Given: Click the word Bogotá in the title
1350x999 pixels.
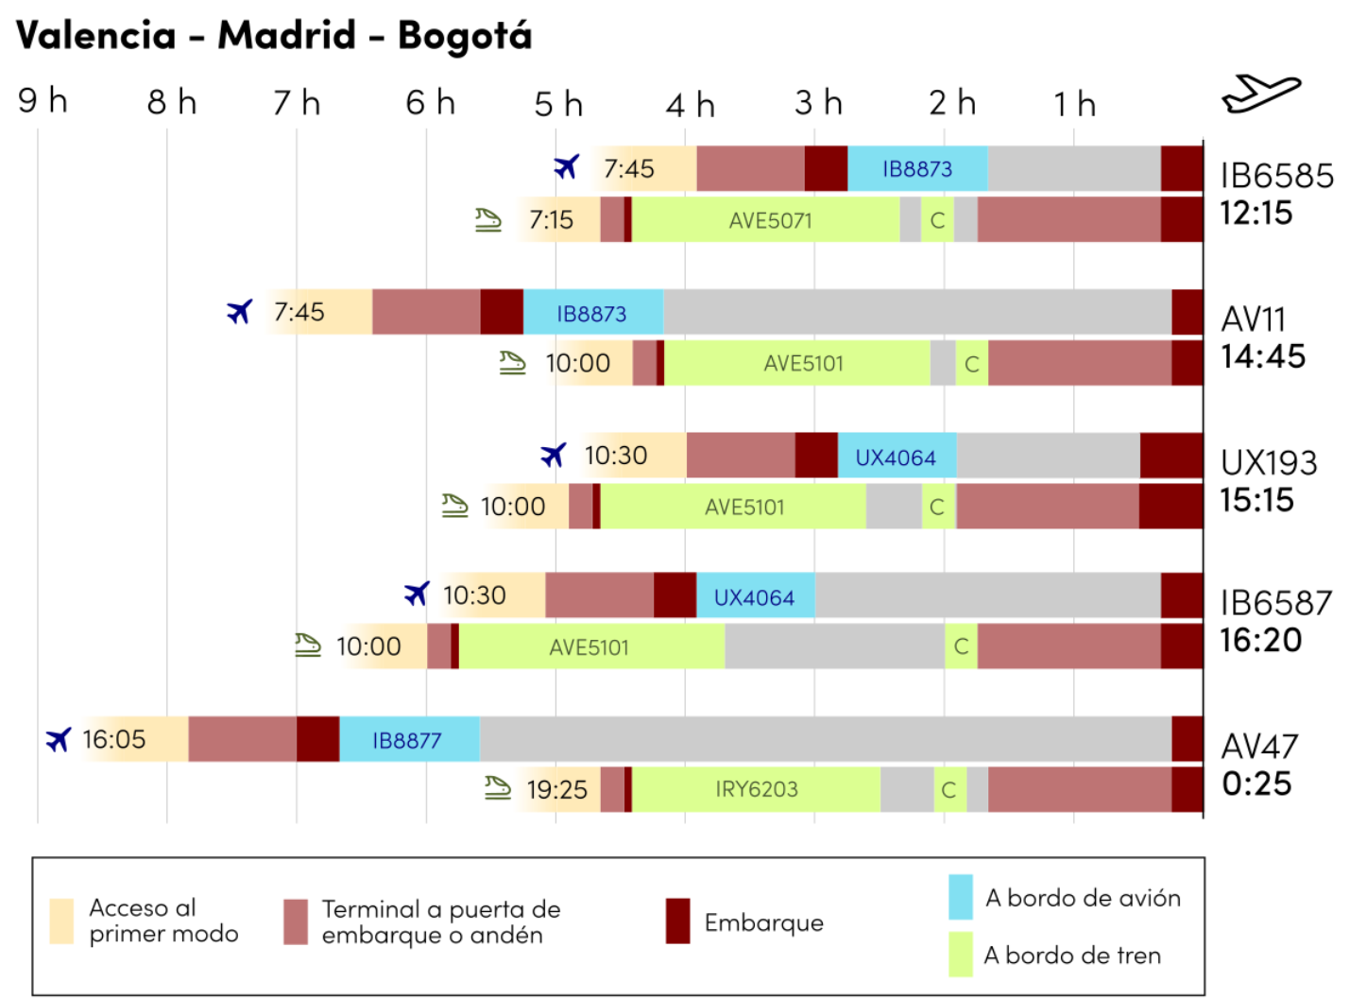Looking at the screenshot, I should coord(464,36).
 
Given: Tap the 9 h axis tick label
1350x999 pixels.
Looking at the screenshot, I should coord(43,100).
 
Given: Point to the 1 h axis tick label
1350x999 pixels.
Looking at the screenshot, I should coord(1075,104).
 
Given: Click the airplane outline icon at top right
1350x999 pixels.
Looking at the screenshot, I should coord(1261,93).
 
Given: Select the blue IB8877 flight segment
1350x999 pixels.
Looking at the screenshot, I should coord(408,739).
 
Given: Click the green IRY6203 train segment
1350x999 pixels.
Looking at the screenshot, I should coord(756,789).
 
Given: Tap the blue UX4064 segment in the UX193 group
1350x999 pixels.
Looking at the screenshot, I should coord(896,456).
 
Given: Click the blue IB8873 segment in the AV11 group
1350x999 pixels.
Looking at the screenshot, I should coord(592,313).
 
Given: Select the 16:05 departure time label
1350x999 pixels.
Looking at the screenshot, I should coord(113,739).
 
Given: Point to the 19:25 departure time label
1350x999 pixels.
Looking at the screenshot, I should coord(556,789).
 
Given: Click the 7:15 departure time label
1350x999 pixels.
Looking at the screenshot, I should coord(551,220).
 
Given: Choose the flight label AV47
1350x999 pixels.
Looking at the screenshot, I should coord(1259,747).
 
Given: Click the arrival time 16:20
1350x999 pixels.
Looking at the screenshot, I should coord(1260,641).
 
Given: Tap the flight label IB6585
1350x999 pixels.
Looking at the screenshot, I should coord(1276,176).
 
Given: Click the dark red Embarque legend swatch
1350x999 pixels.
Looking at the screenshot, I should coord(677,921).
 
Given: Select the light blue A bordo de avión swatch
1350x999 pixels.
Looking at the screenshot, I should coord(960,897).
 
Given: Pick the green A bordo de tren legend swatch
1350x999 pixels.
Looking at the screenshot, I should coord(960,955).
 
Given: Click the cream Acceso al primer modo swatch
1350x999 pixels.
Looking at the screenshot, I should coord(61,921).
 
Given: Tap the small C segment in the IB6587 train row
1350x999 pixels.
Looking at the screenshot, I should coord(961,646).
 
